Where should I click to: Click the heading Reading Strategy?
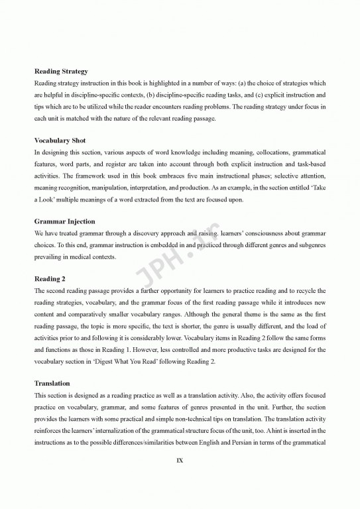[61, 71]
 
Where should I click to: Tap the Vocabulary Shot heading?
[60, 141]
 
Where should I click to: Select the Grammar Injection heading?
[64, 221]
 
